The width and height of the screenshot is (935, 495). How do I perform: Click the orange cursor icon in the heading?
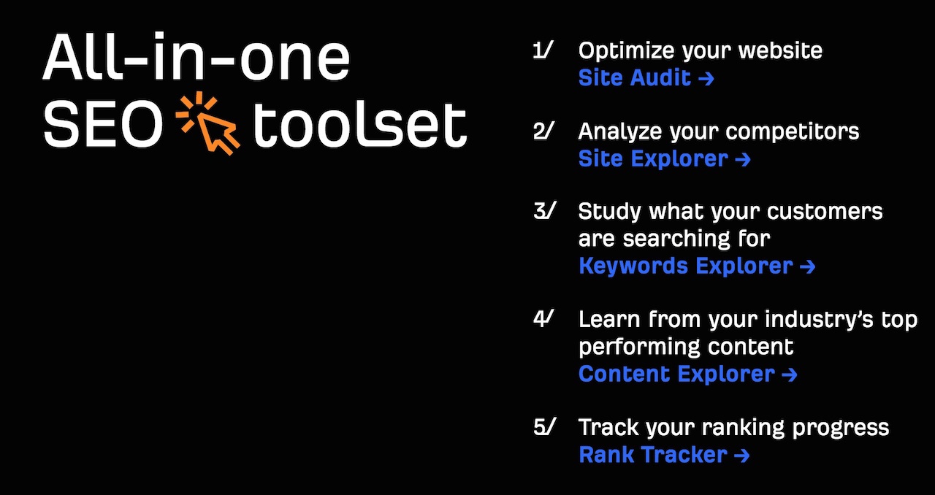tap(208, 123)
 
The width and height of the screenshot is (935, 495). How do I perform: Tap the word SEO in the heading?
tap(103, 125)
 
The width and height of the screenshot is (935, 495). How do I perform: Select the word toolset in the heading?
tap(360, 125)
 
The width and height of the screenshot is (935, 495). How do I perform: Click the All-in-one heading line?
tap(196, 57)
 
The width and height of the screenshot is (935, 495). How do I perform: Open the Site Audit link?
tap(646, 78)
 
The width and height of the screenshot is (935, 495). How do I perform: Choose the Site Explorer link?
tap(665, 159)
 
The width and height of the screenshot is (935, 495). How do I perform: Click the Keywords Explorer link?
tap(697, 266)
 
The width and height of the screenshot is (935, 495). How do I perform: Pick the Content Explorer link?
tap(688, 374)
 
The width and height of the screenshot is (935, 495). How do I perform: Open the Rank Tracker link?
tap(664, 455)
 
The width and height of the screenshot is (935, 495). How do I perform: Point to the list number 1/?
tap(543, 50)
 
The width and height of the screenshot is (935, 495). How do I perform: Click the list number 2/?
tap(544, 131)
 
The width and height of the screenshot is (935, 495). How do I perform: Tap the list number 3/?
tap(545, 211)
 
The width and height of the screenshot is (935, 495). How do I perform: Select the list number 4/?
tap(543, 319)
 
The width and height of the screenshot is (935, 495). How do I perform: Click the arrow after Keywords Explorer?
tap(808, 266)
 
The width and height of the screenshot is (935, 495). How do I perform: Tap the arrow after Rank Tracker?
tap(742, 456)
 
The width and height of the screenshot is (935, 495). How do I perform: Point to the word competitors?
tap(793, 132)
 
